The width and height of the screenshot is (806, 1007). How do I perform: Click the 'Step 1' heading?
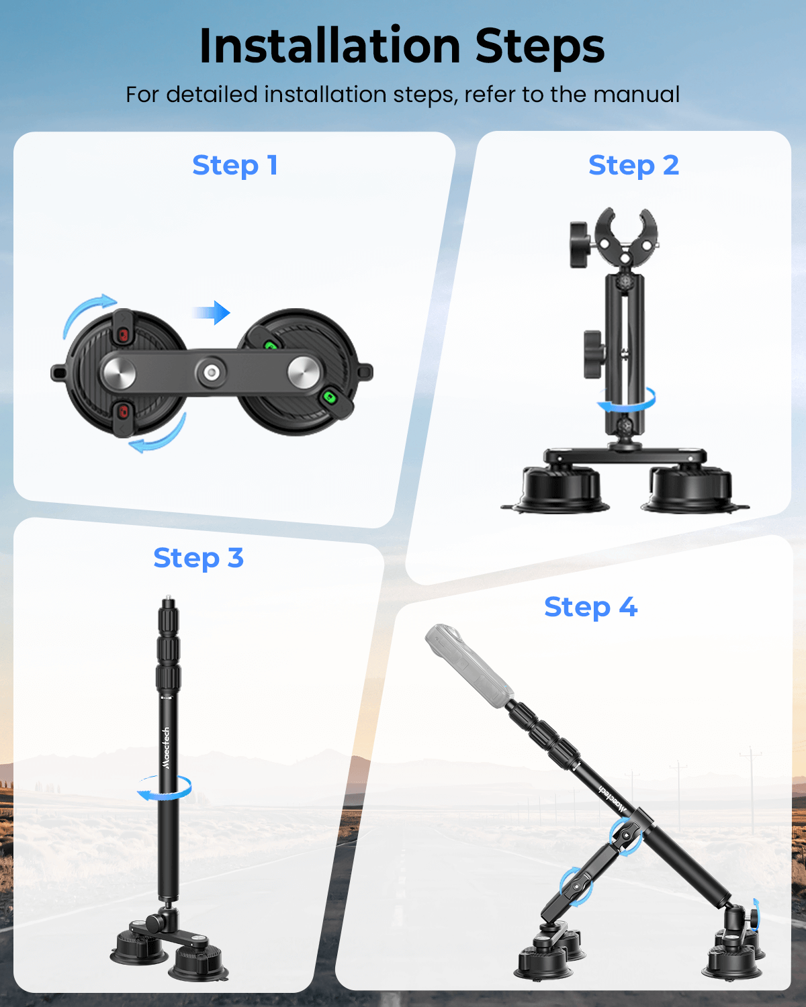coord(235,166)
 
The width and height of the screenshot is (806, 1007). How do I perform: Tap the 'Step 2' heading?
coord(633,166)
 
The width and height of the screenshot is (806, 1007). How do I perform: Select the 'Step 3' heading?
coord(198,559)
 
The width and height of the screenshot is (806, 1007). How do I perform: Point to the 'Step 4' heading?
coord(590,608)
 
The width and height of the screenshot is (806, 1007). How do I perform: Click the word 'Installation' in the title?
coord(329,46)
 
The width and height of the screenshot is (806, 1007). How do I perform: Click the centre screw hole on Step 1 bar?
coord(211,371)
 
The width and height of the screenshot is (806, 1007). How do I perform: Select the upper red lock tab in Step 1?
coord(123,334)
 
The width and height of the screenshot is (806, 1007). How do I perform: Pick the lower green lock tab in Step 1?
coord(330,397)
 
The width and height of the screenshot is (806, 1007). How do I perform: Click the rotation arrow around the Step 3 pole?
coord(165,787)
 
